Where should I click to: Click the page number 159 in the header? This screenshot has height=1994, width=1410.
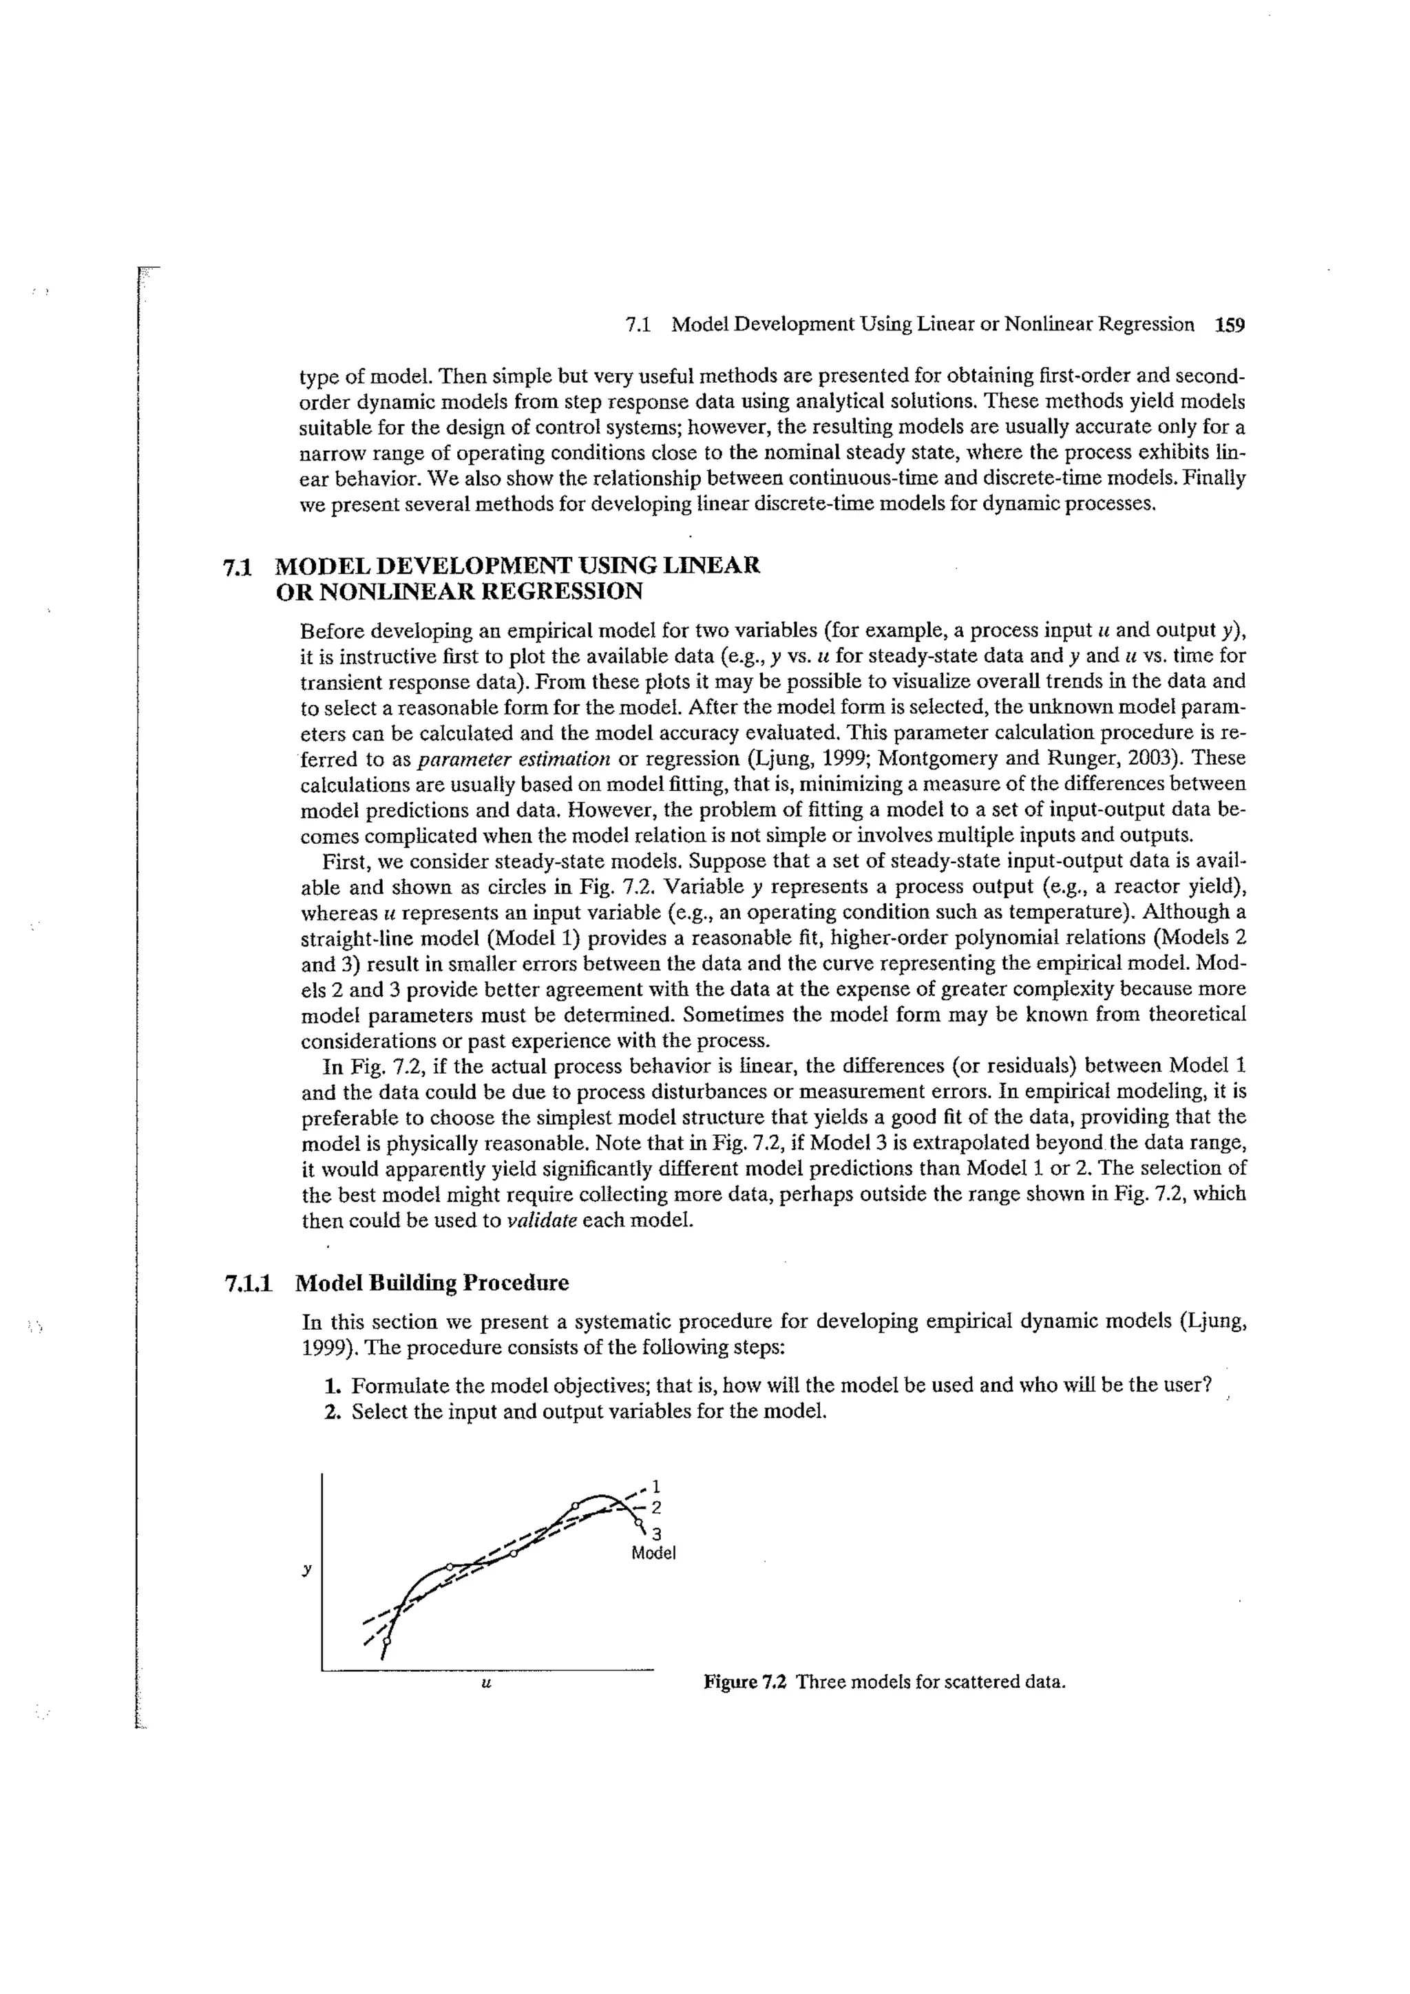click(x=1230, y=325)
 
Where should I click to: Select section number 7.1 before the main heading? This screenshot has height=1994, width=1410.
click(x=237, y=567)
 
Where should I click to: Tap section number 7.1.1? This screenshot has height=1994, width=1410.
click(x=249, y=1283)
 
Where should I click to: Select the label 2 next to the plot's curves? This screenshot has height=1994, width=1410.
click(x=656, y=1507)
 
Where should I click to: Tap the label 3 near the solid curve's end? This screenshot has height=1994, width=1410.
click(x=657, y=1533)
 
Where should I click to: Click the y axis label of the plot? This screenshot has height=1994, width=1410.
click(x=306, y=1569)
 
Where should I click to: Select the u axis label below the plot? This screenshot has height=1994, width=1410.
click(x=487, y=1682)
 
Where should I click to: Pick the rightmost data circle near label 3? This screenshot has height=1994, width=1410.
click(x=638, y=1523)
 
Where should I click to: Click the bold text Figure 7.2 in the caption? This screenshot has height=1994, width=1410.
click(x=744, y=1682)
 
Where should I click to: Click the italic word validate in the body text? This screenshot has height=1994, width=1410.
click(x=542, y=1220)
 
